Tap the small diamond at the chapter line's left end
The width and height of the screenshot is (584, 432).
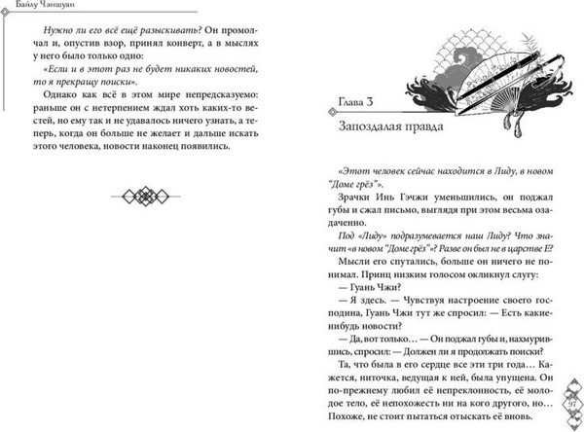tap(327, 115)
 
